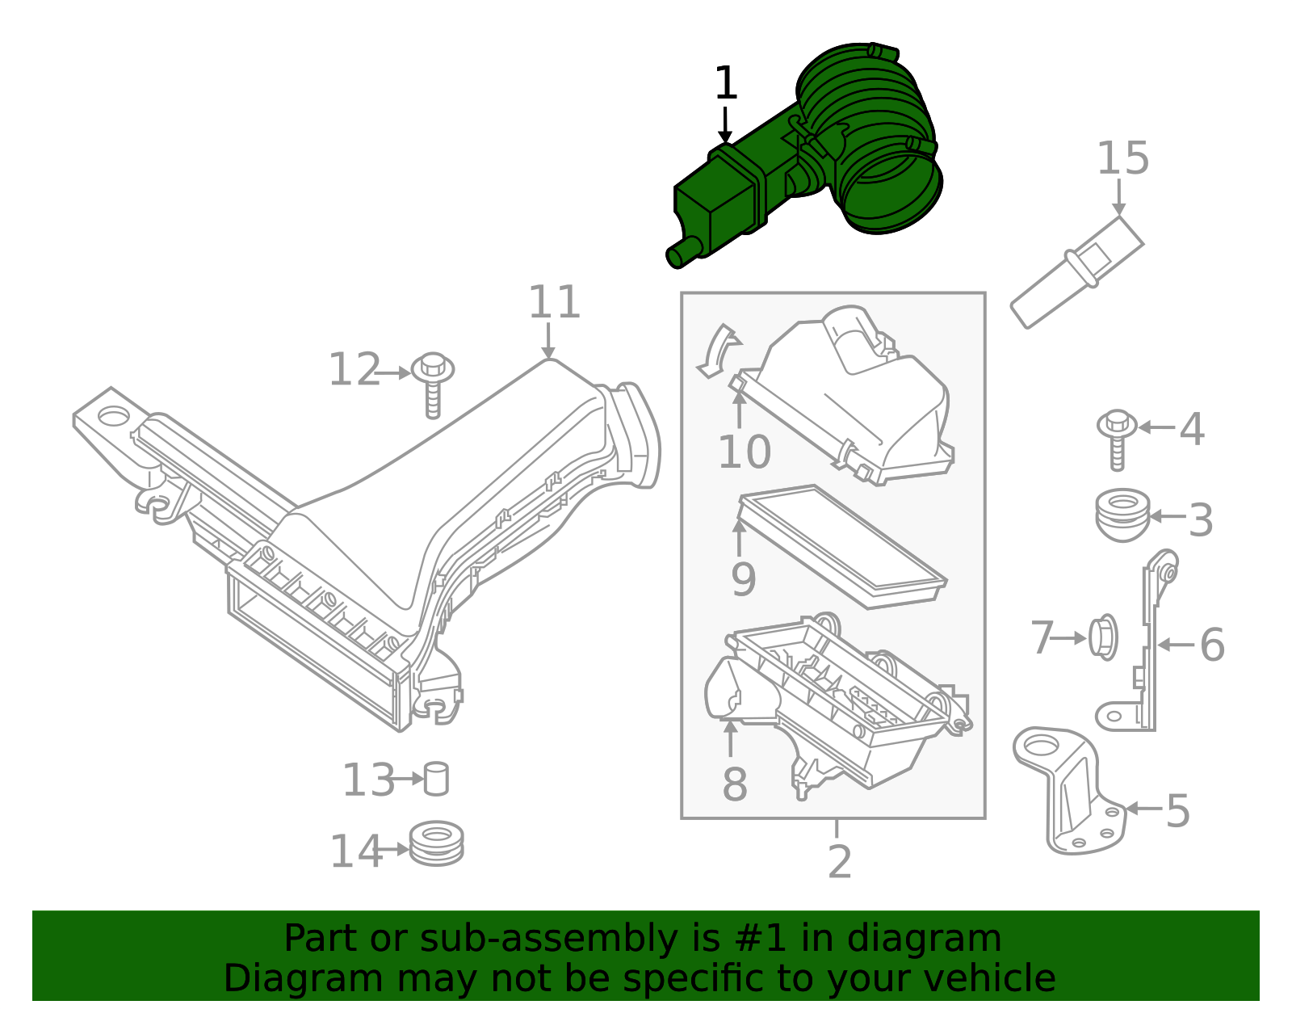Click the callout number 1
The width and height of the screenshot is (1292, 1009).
pyautogui.click(x=725, y=83)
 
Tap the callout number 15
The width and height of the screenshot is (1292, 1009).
pyautogui.click(x=1122, y=158)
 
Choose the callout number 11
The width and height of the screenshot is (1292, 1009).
pyautogui.click(x=554, y=303)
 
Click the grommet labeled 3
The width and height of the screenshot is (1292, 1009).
pyautogui.click(x=1122, y=515)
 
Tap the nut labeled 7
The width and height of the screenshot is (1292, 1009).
pyautogui.click(x=1102, y=637)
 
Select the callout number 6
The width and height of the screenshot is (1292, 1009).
pyautogui.click(x=1211, y=645)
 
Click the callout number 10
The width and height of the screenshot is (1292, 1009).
pyautogui.click(x=744, y=452)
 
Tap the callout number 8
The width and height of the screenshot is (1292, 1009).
pyautogui.click(x=734, y=784)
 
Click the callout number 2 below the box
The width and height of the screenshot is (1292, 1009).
pyautogui.click(x=839, y=863)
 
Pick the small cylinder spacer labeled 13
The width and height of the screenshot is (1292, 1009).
pyautogui.click(x=436, y=779)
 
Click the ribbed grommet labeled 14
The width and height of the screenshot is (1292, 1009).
pyautogui.click(x=436, y=844)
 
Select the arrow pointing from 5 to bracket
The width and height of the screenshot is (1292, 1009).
pyautogui.click(x=1143, y=809)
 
